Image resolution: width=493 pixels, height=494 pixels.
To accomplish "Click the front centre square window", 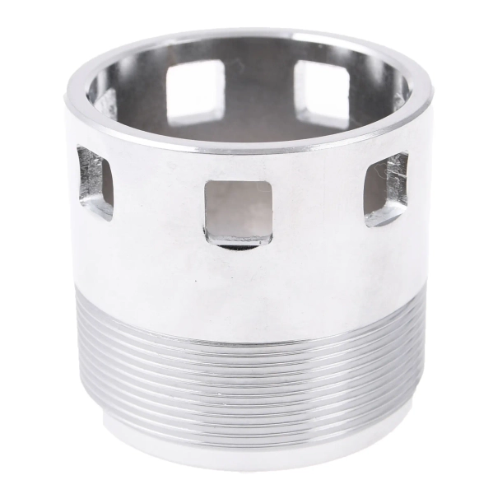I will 238,209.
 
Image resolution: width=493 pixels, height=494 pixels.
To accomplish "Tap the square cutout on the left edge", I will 95,182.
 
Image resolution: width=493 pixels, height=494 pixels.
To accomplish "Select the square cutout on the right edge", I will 386,189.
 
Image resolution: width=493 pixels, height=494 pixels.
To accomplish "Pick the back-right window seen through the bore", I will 320,91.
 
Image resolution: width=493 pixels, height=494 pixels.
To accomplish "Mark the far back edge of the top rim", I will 247,35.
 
